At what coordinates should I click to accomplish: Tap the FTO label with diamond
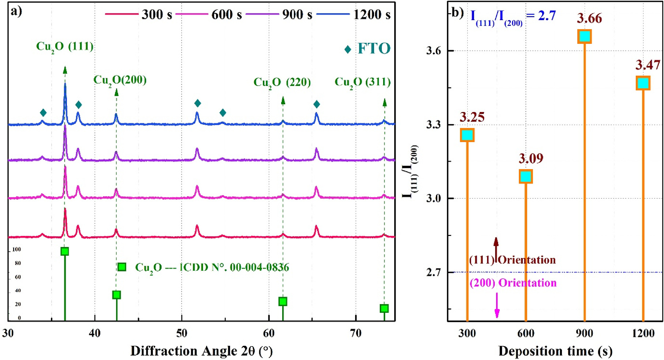click(368, 48)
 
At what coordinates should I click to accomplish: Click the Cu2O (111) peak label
click(65, 46)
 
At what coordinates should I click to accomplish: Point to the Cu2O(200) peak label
click(120, 80)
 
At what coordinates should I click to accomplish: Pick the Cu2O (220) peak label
click(282, 82)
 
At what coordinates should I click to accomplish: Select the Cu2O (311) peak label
click(362, 82)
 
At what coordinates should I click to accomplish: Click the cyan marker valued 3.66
click(585, 36)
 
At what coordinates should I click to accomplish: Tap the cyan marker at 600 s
click(526, 177)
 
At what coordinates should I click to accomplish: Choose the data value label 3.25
click(472, 117)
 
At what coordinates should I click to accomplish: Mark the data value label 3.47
click(648, 65)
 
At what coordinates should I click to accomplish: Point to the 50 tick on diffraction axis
click(182, 333)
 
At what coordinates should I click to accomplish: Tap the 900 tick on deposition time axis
click(584, 333)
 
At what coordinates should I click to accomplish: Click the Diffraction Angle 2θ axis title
click(201, 351)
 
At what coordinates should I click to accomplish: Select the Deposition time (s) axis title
click(555, 351)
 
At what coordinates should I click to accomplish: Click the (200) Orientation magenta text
click(513, 283)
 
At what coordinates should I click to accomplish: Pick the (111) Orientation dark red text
click(512, 260)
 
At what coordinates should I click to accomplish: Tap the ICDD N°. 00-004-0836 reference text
click(212, 267)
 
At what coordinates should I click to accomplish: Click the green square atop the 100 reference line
click(65, 251)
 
